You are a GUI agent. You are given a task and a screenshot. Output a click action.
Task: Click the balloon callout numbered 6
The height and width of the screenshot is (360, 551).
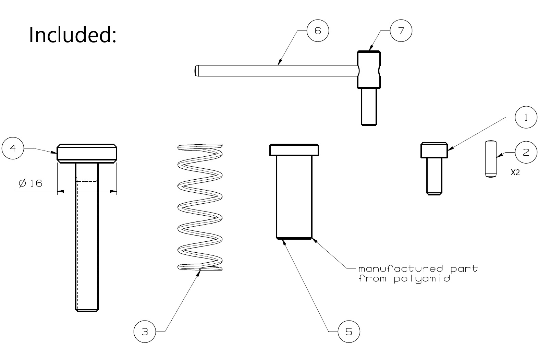(x=318, y=31)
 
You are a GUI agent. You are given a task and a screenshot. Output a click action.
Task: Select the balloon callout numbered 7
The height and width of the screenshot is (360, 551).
(x=401, y=31)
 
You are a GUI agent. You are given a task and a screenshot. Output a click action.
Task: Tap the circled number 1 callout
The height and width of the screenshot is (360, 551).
(x=526, y=117)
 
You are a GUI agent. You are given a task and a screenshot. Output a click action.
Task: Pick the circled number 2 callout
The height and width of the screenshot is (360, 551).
(x=526, y=152)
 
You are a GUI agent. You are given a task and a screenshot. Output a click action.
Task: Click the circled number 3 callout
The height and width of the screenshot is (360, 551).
(x=145, y=332)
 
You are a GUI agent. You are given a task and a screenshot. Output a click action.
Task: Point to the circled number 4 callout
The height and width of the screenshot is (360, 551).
(x=13, y=148)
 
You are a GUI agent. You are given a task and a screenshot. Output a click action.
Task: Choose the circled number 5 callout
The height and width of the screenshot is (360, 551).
(x=349, y=332)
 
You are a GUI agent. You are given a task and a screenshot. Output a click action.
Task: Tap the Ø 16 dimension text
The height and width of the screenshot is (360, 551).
(x=31, y=183)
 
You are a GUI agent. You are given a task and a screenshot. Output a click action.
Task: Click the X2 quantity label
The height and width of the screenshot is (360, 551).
(x=515, y=173)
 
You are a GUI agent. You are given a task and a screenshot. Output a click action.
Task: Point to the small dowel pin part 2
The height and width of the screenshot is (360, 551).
(x=491, y=159)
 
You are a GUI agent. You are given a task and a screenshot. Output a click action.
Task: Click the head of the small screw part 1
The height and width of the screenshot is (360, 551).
(x=434, y=150)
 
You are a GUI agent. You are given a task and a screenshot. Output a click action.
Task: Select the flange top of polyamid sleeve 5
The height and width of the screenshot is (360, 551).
(x=294, y=150)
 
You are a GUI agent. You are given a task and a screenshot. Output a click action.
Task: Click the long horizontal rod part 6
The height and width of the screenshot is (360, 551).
(x=274, y=71)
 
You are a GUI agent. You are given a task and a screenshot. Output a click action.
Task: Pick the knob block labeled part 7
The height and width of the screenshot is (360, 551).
(x=369, y=70)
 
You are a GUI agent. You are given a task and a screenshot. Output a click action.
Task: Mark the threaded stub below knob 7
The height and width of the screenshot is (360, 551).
(x=370, y=106)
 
